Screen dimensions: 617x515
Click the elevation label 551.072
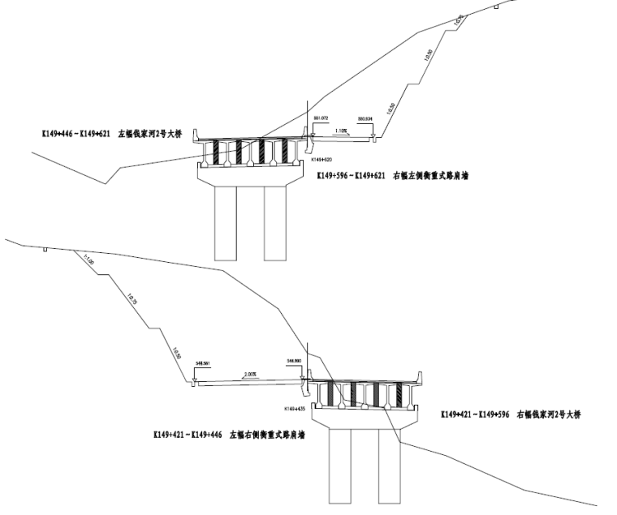click(320, 119)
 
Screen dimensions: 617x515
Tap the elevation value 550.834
click(364, 119)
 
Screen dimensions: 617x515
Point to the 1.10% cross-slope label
click(341, 130)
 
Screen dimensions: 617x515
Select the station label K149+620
click(322, 160)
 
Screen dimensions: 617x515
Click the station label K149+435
click(293, 408)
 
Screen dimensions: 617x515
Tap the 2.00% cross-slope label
click(249, 374)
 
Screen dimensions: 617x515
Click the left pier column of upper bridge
click(227, 224)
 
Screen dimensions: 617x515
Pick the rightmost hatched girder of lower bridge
click(399, 394)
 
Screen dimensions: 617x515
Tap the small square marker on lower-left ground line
click(45, 249)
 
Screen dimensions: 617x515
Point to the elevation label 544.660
click(294, 360)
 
